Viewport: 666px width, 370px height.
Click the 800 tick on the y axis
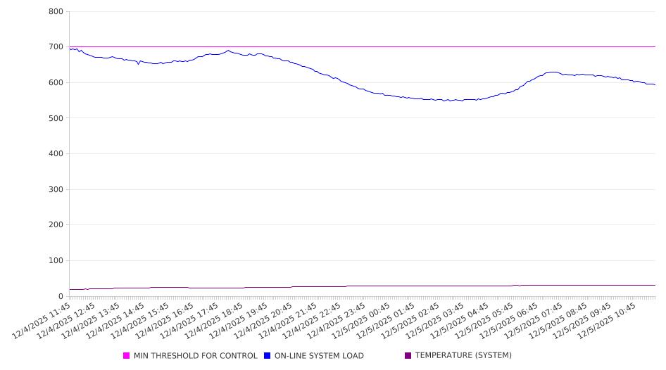56,12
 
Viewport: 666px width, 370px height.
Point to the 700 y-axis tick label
56,47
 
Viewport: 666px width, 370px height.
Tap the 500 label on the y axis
56,118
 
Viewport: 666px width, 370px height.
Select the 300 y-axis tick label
56,190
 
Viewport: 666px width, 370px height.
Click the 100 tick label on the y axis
56,261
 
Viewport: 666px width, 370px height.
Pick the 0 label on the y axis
61,296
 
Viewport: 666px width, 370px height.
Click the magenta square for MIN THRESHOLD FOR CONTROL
127,356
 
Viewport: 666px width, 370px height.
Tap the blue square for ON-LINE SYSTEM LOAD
268,356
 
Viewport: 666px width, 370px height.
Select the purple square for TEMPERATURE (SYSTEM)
408,356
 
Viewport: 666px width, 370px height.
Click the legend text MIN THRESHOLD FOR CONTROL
195,356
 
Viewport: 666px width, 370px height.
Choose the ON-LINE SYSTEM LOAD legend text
319,356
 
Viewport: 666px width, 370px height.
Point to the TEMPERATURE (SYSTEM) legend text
463,356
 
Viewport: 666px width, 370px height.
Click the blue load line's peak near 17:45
228,51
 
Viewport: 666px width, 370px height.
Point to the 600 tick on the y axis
56,83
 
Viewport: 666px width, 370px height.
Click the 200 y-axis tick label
56,225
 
